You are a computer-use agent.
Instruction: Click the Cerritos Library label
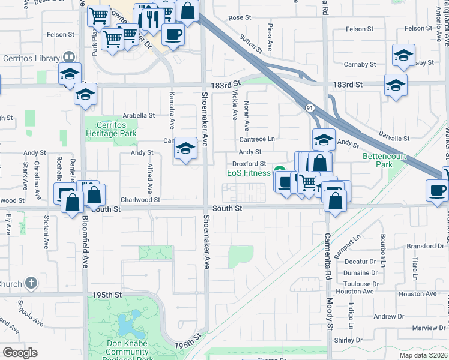click(30, 58)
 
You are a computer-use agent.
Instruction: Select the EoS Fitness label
click(249, 173)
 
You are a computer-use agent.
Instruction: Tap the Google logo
click(20, 352)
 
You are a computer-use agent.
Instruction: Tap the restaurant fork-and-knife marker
click(146, 17)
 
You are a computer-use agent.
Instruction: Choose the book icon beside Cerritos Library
click(69, 58)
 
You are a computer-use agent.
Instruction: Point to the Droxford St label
click(249, 163)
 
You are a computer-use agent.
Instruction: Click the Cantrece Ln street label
click(257, 139)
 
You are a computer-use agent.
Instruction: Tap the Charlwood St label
click(140, 200)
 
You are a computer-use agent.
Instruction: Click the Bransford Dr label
click(424, 246)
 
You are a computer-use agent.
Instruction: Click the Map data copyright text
click(423, 355)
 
